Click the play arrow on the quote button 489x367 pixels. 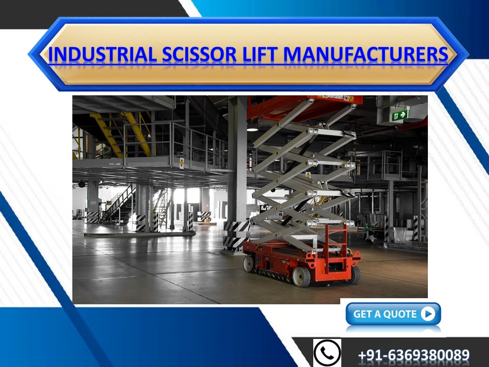428,314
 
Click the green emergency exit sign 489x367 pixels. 399,115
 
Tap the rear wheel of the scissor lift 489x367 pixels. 249,263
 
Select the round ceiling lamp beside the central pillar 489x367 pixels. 253,128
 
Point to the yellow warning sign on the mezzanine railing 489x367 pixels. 181,162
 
